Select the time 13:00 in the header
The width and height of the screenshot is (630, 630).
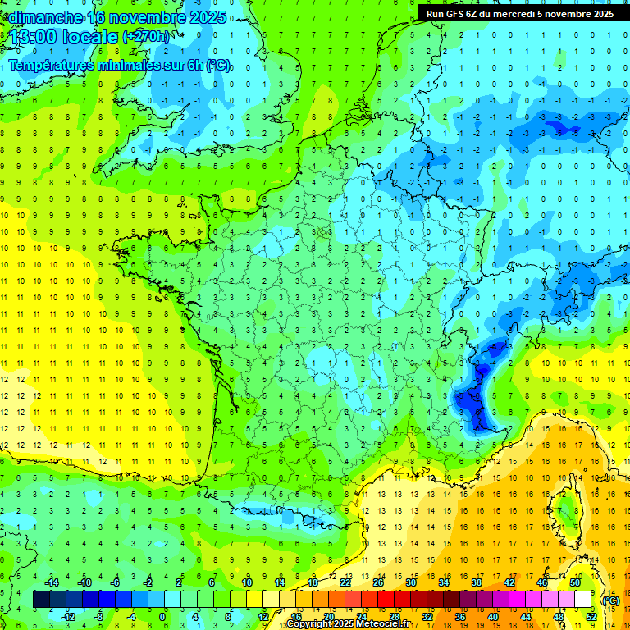34,37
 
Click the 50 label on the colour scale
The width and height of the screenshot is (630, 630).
575,582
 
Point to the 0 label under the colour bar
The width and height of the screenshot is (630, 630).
163,617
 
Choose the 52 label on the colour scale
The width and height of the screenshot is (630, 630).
591,617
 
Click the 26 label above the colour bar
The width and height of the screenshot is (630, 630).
378,582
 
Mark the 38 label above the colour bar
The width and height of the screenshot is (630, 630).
477,582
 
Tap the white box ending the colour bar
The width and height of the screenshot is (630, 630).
583,600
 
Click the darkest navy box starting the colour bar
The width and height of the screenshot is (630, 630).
41,600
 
